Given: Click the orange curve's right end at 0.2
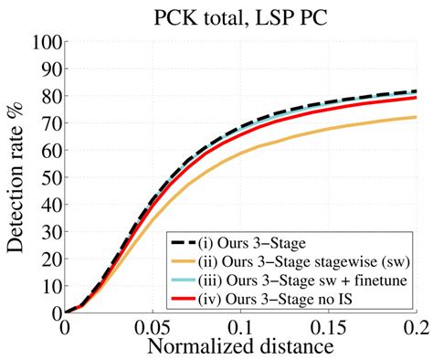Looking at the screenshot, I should pos(416,118).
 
